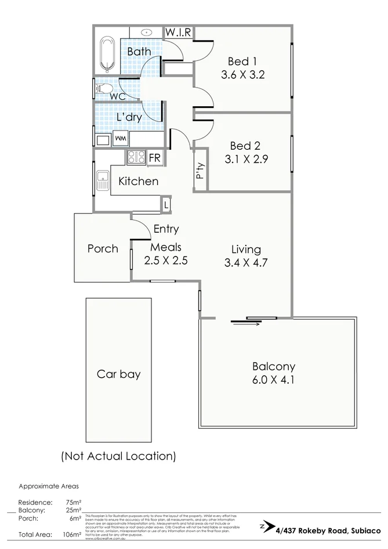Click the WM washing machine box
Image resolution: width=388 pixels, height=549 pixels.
pos(121,139)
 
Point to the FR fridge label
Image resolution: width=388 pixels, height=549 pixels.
pos(155,157)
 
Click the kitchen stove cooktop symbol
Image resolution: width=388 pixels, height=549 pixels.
pos(136,157)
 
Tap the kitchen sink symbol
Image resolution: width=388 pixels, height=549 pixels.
pos(103,181)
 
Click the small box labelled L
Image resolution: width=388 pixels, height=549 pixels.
pos(166,205)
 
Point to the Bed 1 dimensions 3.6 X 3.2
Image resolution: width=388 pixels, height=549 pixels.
pos(242,74)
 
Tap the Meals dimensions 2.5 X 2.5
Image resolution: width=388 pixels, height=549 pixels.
pos(166,261)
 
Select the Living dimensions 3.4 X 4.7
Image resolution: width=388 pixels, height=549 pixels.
pos(246,263)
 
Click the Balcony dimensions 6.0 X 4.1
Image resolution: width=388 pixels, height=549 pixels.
pos(273,381)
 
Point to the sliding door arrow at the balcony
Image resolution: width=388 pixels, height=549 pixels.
pos(244,324)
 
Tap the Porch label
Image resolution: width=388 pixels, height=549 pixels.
pos(103,248)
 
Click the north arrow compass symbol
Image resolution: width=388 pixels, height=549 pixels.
pos(266,526)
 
